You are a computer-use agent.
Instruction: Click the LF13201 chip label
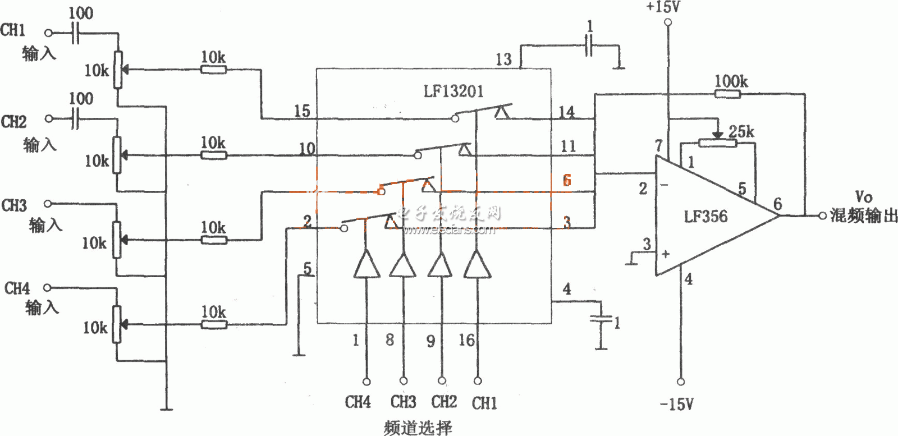point(453,91)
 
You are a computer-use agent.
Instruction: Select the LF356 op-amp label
point(705,217)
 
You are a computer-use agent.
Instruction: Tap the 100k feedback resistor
point(727,94)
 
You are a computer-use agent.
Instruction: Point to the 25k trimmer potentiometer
point(718,142)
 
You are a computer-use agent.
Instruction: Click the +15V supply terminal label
point(665,7)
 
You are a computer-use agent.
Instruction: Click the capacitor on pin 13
point(588,45)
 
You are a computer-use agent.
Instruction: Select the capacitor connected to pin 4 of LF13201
point(601,319)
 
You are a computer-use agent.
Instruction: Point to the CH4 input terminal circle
point(48,288)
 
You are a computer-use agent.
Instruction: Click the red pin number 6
point(567,180)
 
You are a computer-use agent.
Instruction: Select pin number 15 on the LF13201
point(302,111)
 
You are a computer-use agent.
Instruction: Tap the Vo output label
point(863,197)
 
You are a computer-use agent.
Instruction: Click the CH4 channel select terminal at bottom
point(366,382)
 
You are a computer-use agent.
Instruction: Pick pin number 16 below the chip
point(466,340)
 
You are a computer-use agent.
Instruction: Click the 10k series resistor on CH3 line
point(214,240)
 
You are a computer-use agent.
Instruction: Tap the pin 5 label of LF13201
point(307,269)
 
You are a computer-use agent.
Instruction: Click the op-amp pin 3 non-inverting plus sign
point(666,254)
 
